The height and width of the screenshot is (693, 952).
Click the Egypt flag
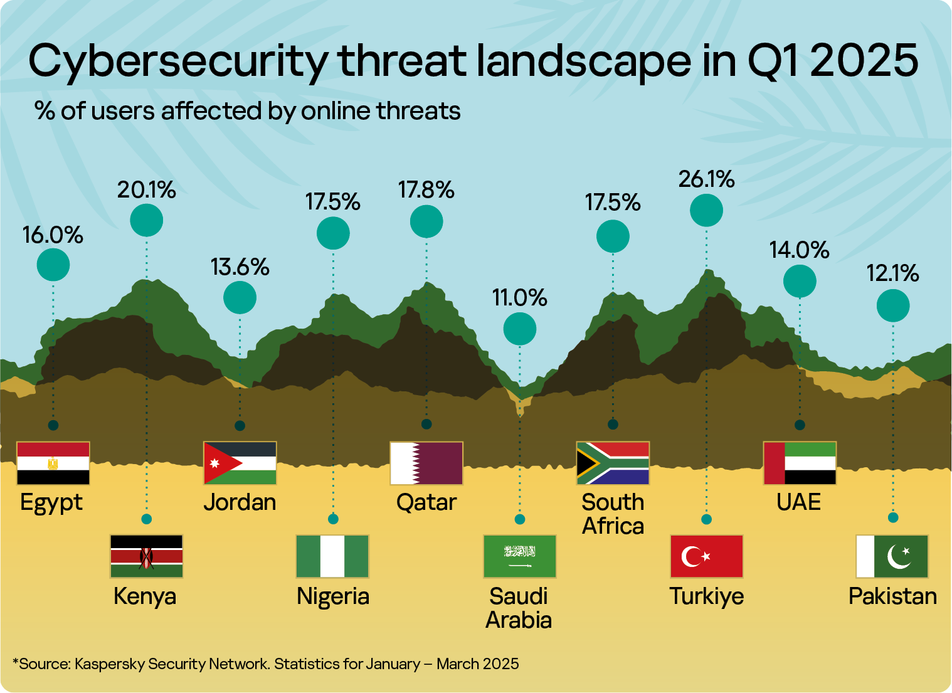[53, 463]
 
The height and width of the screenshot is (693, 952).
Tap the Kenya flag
[146, 556]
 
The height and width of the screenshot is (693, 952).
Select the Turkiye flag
[706, 556]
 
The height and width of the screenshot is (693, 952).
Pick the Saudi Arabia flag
[519, 556]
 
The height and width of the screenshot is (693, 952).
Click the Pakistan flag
[892, 556]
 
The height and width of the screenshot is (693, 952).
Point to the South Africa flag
[613, 463]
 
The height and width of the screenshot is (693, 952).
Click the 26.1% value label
[706, 179]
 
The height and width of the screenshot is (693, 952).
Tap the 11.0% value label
[519, 297]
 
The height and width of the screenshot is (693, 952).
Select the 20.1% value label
[146, 189]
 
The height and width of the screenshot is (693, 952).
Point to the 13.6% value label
[240, 267]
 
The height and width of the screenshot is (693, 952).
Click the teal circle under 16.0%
[53, 265]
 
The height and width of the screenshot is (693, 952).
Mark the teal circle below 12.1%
[892, 306]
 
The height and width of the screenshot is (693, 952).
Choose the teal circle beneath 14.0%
[800, 281]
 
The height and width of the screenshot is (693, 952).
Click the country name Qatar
[426, 502]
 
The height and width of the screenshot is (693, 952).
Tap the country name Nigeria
[332, 596]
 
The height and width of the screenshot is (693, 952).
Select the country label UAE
[798, 502]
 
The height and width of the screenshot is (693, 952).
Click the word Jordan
[240, 502]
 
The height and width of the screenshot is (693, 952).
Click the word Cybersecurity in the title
[177, 61]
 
